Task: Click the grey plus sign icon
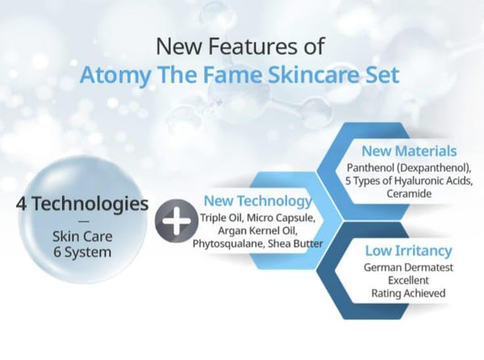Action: (x=177, y=220)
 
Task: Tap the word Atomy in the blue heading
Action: (x=115, y=75)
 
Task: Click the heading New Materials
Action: (x=409, y=151)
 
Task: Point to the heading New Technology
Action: (x=258, y=201)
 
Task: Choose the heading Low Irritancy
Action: (x=408, y=250)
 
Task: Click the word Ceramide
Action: (x=409, y=194)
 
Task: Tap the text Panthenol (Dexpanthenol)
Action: (x=409, y=168)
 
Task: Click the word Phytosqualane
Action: (x=229, y=244)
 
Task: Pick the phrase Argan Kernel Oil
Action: (x=258, y=231)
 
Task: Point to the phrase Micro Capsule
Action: (x=282, y=218)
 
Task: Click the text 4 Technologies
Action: (x=82, y=203)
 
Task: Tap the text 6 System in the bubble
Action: (x=82, y=253)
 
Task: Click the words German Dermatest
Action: (x=408, y=267)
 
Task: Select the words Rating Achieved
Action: (x=408, y=293)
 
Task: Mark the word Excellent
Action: (x=408, y=280)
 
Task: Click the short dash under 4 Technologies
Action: (x=84, y=221)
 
